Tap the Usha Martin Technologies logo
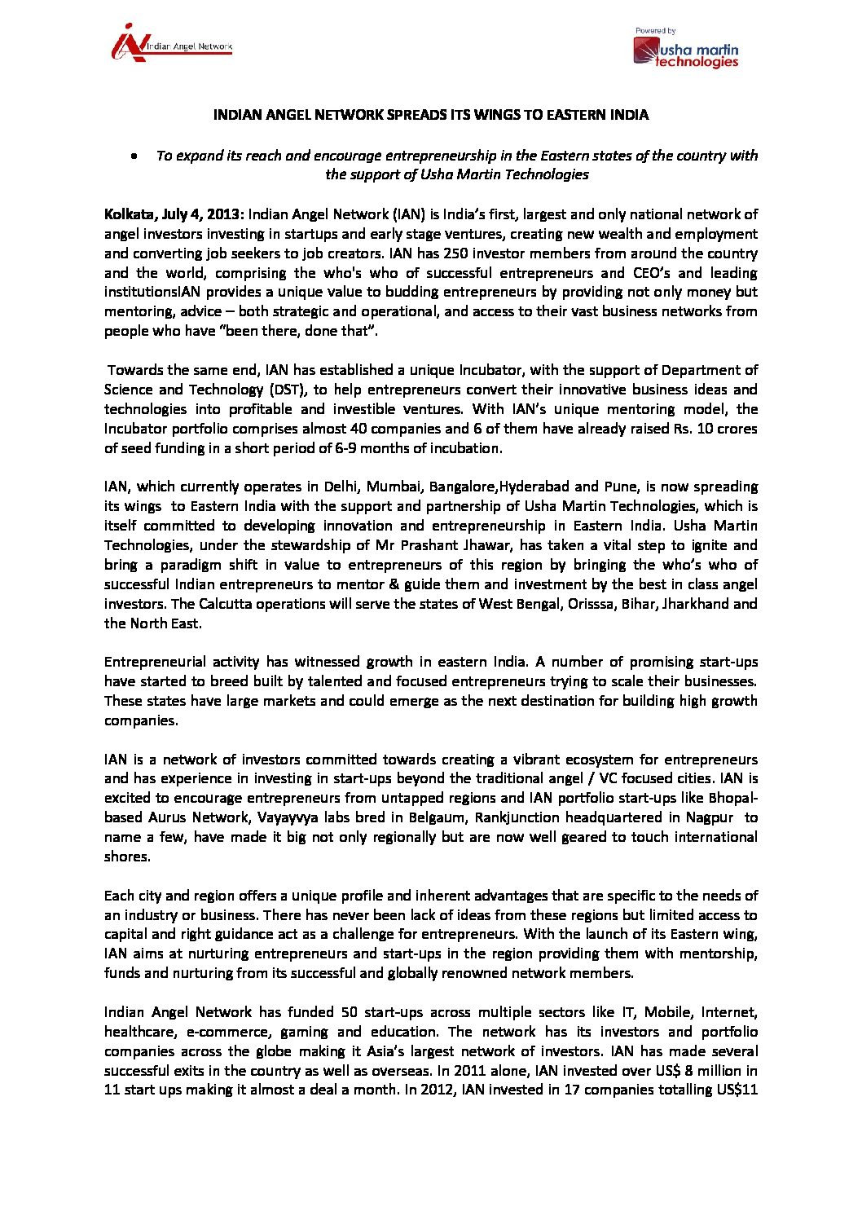[x=686, y=50]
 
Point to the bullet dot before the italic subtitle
[x=134, y=156]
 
